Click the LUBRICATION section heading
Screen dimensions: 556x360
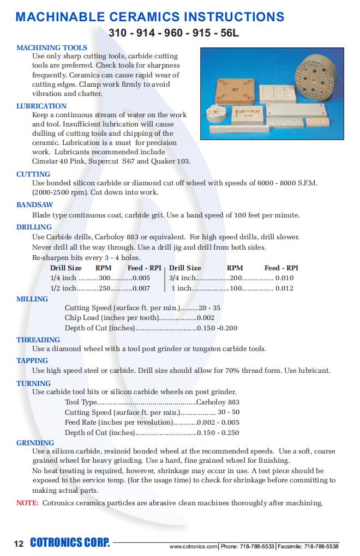41,106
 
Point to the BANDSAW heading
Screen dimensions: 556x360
34,206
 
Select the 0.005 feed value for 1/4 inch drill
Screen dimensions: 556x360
141,277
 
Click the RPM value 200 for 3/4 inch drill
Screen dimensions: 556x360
236,277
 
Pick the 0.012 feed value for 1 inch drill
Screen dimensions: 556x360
284,288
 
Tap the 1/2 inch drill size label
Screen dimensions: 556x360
63,288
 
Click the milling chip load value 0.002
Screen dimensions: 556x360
206,318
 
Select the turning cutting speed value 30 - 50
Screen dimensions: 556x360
229,412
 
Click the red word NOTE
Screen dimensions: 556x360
27,503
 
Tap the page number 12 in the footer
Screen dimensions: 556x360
19,543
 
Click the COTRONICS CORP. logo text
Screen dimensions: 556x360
70,543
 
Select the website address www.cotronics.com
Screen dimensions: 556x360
193,546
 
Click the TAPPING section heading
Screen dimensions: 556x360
32,360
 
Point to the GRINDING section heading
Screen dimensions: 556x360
35,443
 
